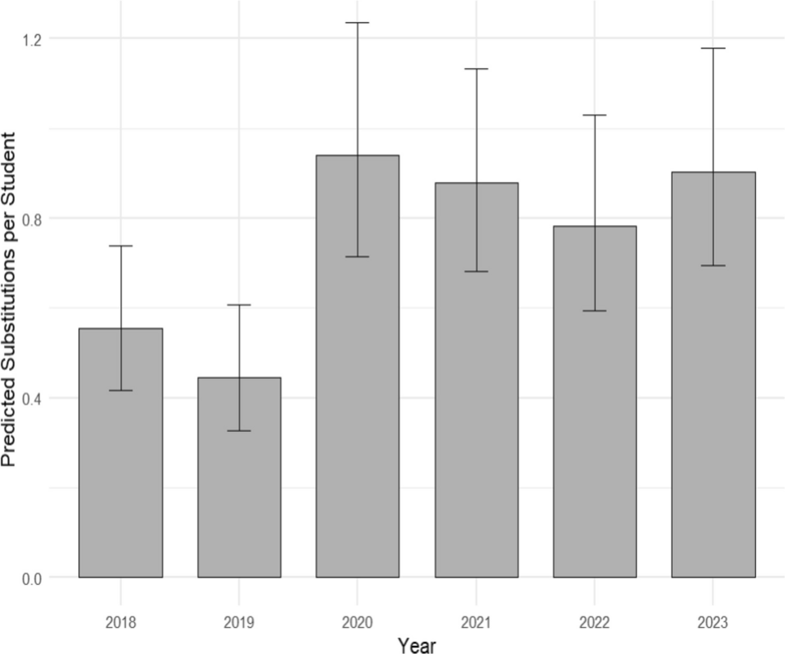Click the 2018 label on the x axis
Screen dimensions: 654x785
point(120,623)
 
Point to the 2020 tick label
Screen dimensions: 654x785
point(358,623)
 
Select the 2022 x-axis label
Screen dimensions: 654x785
point(595,623)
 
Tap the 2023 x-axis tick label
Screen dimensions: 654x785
point(713,623)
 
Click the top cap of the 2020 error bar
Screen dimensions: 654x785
point(358,23)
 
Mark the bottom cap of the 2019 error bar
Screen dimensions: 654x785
point(239,430)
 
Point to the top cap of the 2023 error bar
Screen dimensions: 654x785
point(713,49)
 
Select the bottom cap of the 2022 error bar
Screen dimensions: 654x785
point(595,311)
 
